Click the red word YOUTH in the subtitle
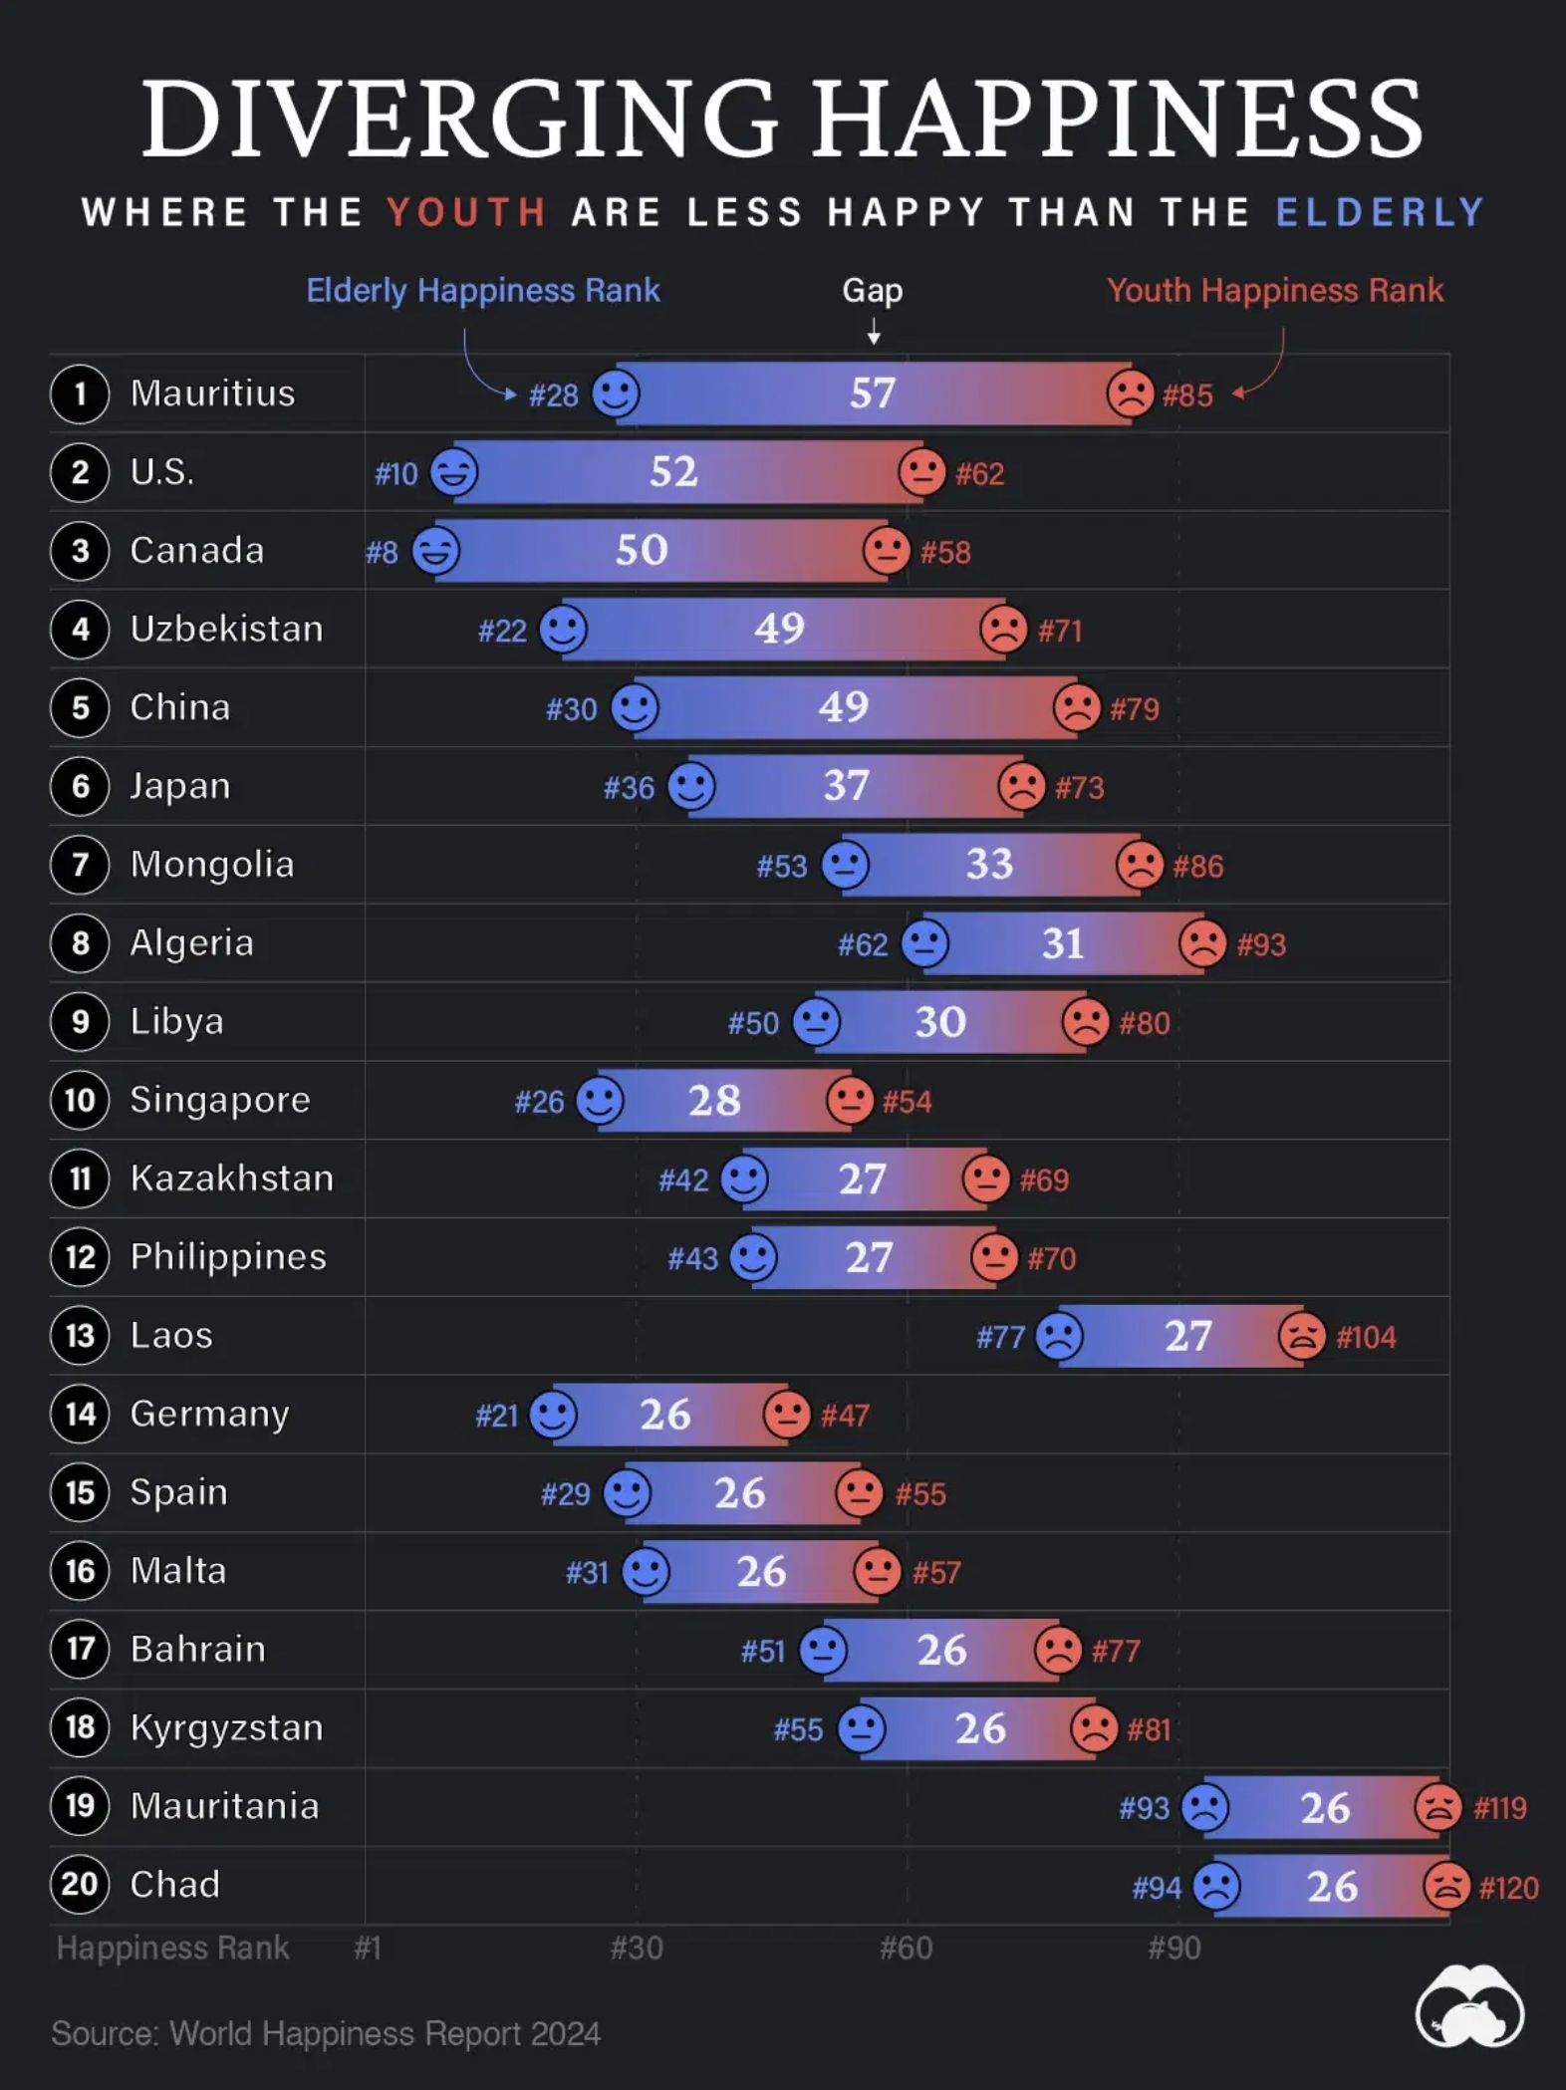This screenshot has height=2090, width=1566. tap(466, 212)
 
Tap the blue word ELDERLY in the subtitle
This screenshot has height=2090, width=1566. tap(1381, 212)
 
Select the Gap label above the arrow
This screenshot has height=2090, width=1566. tap(873, 290)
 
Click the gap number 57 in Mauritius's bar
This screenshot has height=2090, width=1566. tap(873, 393)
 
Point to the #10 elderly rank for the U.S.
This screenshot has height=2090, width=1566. tap(395, 473)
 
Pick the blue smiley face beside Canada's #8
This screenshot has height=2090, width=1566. tap(436, 550)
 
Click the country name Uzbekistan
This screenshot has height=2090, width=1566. tap(226, 629)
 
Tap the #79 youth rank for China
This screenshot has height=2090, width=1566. tap(1135, 709)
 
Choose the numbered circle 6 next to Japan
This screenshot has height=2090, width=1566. tap(80, 786)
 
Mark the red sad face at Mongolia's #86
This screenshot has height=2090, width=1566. tap(1140, 864)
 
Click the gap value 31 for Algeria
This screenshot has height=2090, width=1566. tap(1062, 943)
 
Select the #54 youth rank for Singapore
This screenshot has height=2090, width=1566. tap(907, 1102)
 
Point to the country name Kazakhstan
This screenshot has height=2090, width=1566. tap(231, 1178)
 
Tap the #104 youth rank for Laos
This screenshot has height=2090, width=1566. tap(1366, 1337)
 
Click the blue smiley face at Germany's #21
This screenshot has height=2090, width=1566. tap(553, 1414)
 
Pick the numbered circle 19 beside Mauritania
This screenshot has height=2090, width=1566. tap(80, 1806)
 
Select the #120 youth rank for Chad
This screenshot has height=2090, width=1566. tap(1508, 1888)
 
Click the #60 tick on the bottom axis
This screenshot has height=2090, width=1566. tap(906, 1948)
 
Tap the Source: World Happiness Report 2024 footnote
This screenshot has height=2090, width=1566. tap(326, 2033)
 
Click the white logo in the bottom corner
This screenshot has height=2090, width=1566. tap(1469, 2005)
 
